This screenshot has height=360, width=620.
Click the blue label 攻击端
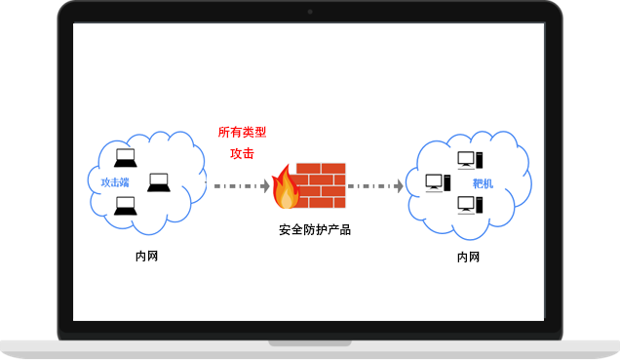coord(115,182)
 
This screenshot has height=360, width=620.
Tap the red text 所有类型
coord(242,133)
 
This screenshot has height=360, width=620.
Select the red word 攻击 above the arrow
coord(242,154)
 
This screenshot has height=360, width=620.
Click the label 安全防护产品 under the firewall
coord(314,230)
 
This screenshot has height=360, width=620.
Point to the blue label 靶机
coord(483,183)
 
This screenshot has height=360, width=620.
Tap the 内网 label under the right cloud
coord(468,258)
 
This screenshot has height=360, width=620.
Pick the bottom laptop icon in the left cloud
coord(125,206)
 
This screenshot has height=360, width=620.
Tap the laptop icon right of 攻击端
coord(158,182)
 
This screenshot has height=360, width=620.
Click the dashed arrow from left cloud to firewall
coord(239,185)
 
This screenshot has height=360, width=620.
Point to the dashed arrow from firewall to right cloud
coord(373,185)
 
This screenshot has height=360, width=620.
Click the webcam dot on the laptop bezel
coord(310,12)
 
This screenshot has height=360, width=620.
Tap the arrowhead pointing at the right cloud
coord(399,185)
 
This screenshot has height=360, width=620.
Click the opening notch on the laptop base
coord(310,342)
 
